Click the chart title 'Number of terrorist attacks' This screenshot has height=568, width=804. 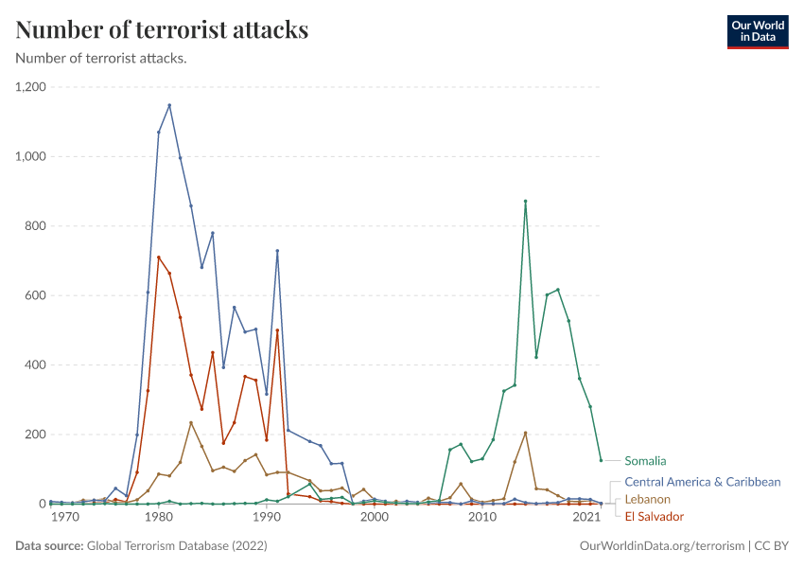[x=162, y=30]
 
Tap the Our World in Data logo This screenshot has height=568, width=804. [x=757, y=31]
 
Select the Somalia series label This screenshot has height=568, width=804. [x=645, y=461]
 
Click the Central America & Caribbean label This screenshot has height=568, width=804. [x=702, y=482]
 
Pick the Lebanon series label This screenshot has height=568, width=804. [x=647, y=499]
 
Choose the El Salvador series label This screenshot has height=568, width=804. [x=654, y=516]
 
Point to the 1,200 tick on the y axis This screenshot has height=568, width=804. [x=32, y=87]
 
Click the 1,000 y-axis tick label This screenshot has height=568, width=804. [x=32, y=156]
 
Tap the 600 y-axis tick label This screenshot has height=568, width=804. [x=37, y=295]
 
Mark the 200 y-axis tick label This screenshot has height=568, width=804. [x=37, y=435]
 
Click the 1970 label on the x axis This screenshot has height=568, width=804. [x=64, y=519]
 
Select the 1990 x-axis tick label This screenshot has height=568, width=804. [x=267, y=519]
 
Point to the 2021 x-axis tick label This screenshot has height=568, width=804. [x=586, y=519]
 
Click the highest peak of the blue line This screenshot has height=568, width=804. [x=169, y=105]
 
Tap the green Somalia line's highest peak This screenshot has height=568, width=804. [x=525, y=201]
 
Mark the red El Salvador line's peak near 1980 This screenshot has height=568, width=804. [x=159, y=257]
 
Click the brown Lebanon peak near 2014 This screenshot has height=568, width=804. [x=525, y=433]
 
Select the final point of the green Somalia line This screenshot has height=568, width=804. [x=601, y=461]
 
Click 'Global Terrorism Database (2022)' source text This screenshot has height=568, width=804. [x=176, y=546]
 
